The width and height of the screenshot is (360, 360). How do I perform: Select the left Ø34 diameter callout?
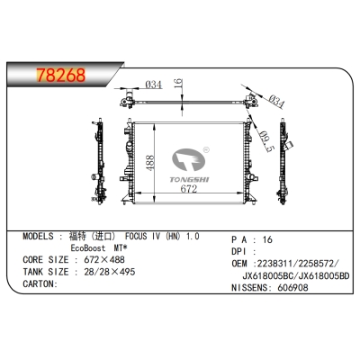(153, 85)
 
